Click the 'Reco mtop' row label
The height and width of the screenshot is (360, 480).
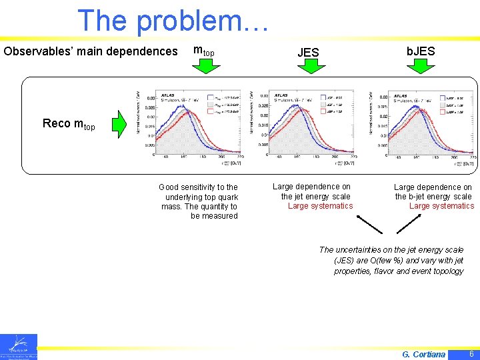pos(69,124)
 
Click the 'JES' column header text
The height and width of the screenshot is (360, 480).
pos(308,52)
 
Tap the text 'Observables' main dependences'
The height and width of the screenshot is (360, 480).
pos(91,51)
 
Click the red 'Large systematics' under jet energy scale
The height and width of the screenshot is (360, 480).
pos(320,206)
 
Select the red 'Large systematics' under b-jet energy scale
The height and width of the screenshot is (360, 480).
pos(441,206)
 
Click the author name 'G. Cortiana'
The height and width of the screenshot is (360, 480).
pos(424,354)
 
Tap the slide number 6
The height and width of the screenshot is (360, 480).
pos(471,353)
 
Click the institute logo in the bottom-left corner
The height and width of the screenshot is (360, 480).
pos(19,347)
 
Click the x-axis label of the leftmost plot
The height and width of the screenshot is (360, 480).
pos(231,162)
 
